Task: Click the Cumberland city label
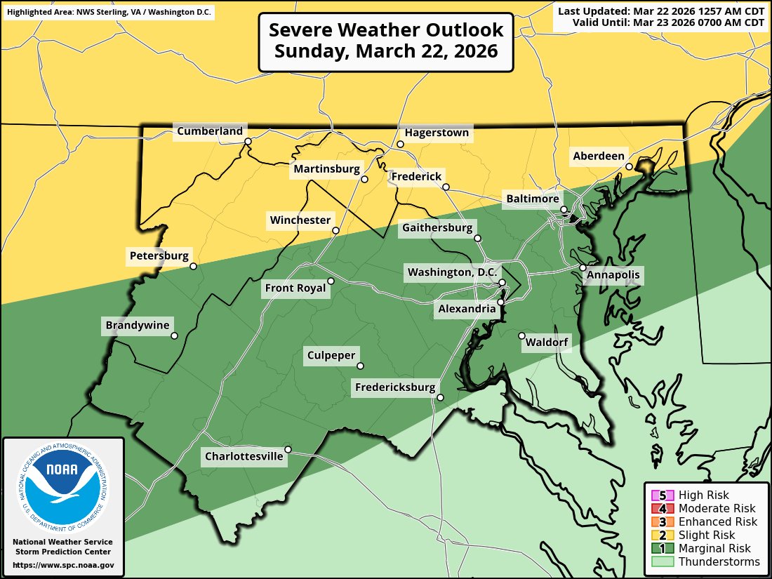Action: point(210,131)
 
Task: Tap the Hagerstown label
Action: point(437,133)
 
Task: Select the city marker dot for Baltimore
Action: point(564,209)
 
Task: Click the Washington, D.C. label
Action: point(453,272)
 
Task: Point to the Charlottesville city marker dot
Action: point(288,449)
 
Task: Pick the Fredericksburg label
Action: point(395,387)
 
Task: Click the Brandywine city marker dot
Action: point(175,335)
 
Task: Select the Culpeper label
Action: point(331,356)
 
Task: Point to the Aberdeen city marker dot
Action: point(630,166)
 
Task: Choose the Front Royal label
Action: point(295,288)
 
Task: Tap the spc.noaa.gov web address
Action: point(63,565)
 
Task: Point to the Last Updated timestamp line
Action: point(660,11)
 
